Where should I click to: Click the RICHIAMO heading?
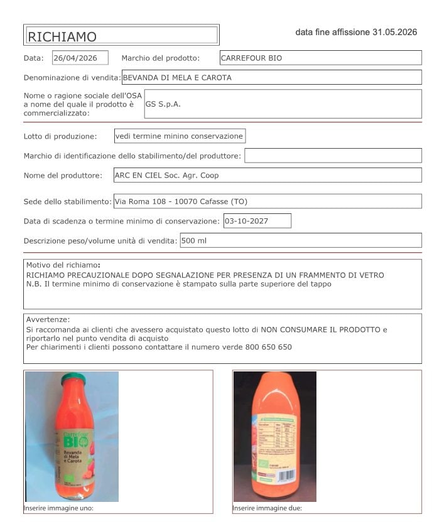[62, 36]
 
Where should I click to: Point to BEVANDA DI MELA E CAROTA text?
[177, 78]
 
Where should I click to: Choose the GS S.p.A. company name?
[163, 104]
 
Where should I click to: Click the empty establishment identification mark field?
[333, 156]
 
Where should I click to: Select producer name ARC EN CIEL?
[166, 176]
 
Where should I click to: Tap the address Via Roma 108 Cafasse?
[181, 201]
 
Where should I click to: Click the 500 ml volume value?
[194, 240]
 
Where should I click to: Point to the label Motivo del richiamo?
[63, 265]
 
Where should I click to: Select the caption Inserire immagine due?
[267, 508]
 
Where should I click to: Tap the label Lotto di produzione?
[60, 136]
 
